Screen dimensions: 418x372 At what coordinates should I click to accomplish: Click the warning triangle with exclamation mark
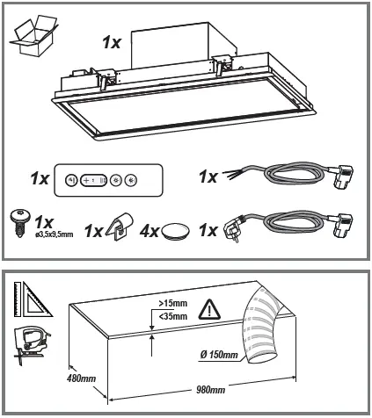point(209,309)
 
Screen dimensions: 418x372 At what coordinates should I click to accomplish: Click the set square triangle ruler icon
point(32,300)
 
